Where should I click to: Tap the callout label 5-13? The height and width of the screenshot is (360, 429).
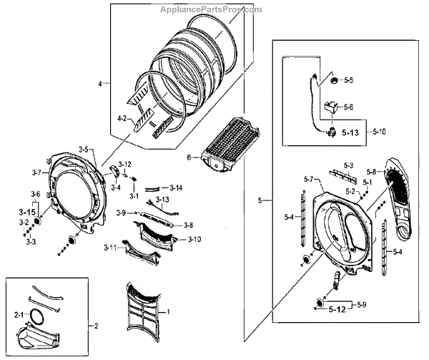(x=352, y=132)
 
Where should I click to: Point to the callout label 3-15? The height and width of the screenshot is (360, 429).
(x=27, y=212)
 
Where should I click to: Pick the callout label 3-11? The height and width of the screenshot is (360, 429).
(x=109, y=248)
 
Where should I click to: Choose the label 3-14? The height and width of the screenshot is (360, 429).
(x=176, y=188)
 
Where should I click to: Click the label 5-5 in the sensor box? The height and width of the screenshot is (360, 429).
(x=348, y=81)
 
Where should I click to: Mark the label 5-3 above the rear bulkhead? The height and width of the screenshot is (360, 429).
(x=349, y=165)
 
